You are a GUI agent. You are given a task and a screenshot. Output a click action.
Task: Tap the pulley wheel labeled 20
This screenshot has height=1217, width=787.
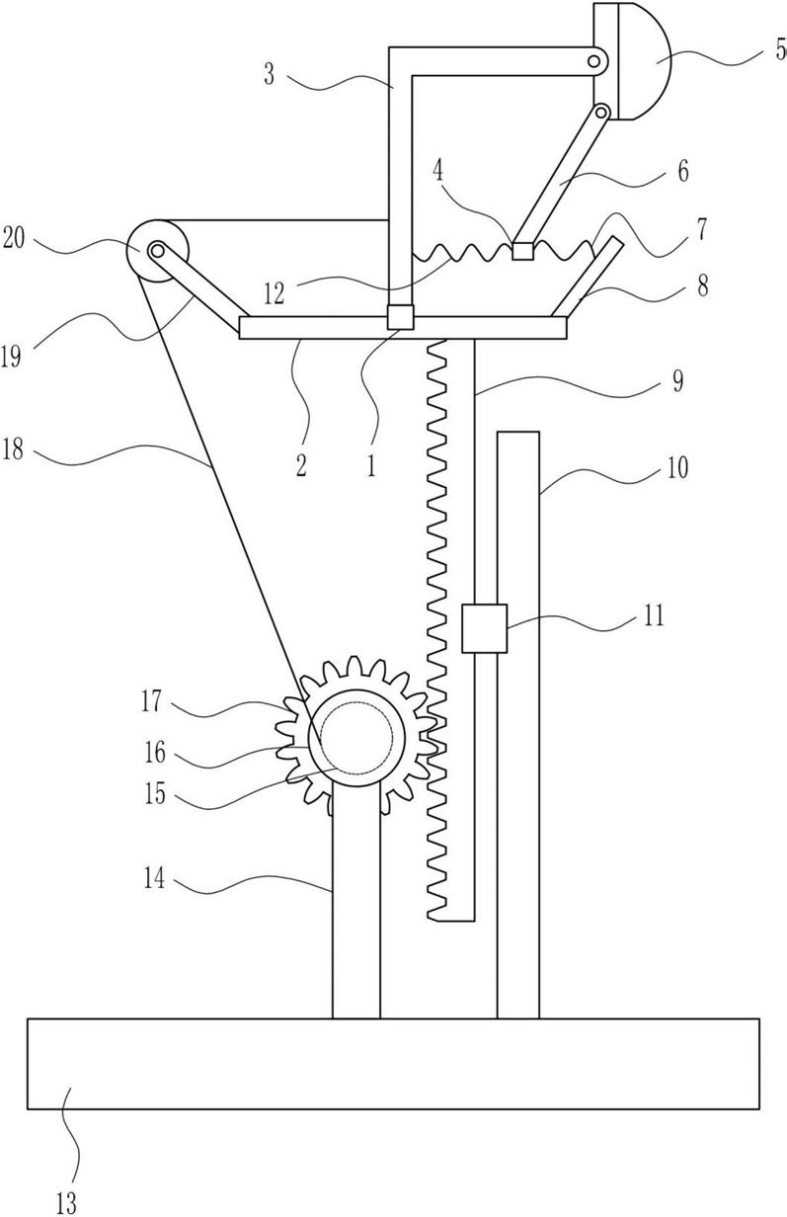158,251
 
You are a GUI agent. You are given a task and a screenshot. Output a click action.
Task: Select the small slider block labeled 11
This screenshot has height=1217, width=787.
484,628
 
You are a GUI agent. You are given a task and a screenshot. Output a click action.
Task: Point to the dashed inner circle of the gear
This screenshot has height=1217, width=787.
356,738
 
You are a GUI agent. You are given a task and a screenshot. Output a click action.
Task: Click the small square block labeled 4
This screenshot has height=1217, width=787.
522,251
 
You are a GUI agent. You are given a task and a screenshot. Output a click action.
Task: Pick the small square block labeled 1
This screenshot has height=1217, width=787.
400,317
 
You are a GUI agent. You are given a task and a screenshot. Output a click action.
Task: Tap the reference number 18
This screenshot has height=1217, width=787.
13,449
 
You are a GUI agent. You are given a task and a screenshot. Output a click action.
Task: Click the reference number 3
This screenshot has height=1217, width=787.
270,75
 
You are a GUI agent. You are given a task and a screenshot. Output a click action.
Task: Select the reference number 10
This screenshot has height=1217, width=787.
677,467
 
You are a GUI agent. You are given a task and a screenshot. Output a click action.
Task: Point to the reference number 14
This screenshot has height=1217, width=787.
154,879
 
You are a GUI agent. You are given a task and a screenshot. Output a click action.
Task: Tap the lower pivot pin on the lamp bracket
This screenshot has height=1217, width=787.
600,112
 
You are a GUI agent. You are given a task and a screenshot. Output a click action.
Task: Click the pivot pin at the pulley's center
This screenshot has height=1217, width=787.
158,251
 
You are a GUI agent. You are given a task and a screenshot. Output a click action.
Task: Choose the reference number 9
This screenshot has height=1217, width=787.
677,381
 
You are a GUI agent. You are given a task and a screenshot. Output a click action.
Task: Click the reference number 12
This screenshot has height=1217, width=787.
275,294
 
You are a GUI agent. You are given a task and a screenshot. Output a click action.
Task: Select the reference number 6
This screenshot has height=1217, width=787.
683,171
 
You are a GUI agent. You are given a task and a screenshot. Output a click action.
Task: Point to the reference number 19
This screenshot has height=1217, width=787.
11,357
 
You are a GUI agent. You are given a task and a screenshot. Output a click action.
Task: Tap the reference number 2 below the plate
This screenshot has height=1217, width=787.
301,465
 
